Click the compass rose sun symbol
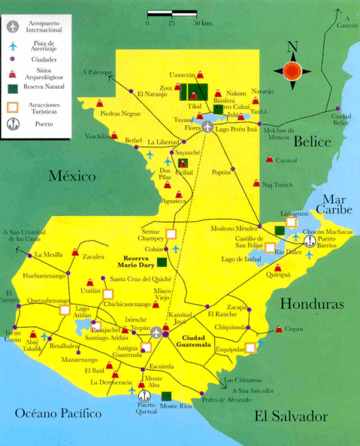coord(292,73)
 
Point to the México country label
coord(72,177)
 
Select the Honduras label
coord(312,304)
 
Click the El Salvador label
coord(290,416)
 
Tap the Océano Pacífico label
coord(58,413)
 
